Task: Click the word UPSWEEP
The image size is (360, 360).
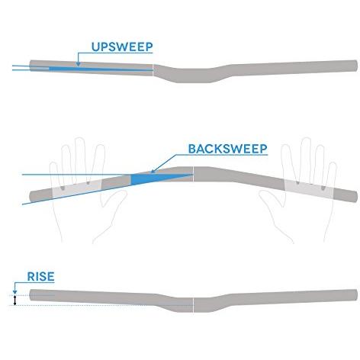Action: (x=122, y=47)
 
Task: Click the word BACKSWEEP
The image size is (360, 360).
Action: (x=228, y=149)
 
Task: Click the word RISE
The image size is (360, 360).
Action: (x=40, y=276)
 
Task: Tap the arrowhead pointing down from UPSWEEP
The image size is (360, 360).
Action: (x=78, y=64)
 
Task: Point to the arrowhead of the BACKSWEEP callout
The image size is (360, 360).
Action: (x=153, y=171)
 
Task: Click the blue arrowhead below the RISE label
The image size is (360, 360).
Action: (x=14, y=292)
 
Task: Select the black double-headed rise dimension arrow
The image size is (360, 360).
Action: (x=14, y=301)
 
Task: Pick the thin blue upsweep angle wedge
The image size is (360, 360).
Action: (x=101, y=69)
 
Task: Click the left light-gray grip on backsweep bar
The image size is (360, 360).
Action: (x=77, y=189)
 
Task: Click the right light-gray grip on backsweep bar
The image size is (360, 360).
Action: (x=309, y=189)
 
